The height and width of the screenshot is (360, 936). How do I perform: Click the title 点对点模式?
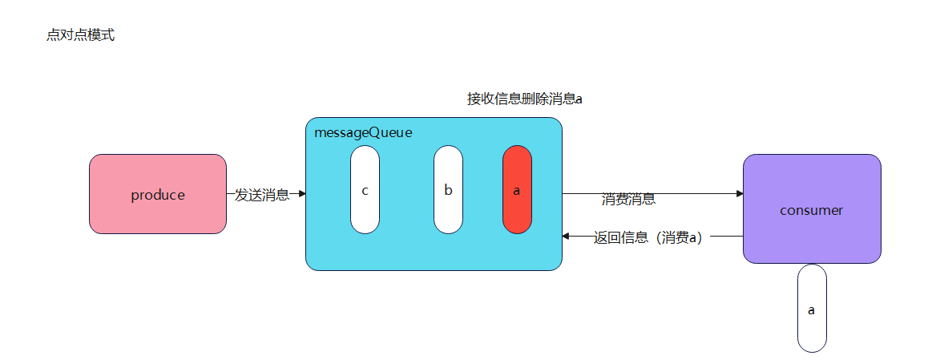click(81, 35)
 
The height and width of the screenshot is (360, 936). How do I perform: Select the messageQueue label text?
click(363, 132)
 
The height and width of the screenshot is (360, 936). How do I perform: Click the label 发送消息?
click(262, 195)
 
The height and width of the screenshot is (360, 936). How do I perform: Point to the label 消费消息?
click(628, 200)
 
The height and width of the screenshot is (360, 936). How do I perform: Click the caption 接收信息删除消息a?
click(524, 99)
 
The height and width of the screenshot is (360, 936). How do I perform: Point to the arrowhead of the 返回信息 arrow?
click(567, 237)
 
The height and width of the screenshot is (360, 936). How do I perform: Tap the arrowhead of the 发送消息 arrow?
click(301, 193)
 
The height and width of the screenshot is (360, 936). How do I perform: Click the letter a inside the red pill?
click(517, 190)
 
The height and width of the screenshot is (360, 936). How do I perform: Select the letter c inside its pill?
click(365, 190)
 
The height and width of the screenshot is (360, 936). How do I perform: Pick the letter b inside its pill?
click(448, 190)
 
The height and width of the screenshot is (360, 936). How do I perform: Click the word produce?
click(158, 195)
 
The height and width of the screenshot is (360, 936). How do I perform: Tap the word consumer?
click(811, 210)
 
